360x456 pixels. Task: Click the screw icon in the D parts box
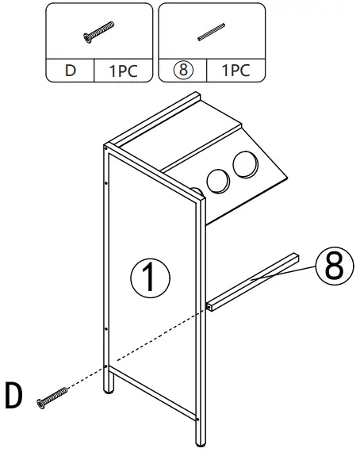tap(94, 31)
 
